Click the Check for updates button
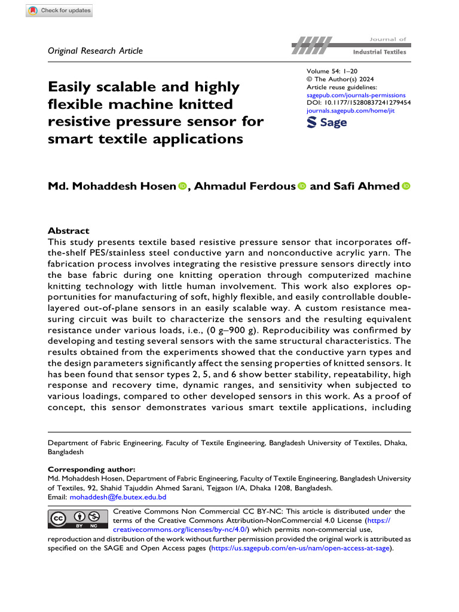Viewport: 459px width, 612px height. click(x=60, y=11)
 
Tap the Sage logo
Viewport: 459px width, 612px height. click(x=326, y=123)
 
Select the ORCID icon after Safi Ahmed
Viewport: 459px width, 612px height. click(x=406, y=187)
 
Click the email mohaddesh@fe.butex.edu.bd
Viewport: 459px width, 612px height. click(x=118, y=497)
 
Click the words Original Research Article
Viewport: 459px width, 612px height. click(x=95, y=51)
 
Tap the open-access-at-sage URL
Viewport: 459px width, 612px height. click(x=301, y=547)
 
